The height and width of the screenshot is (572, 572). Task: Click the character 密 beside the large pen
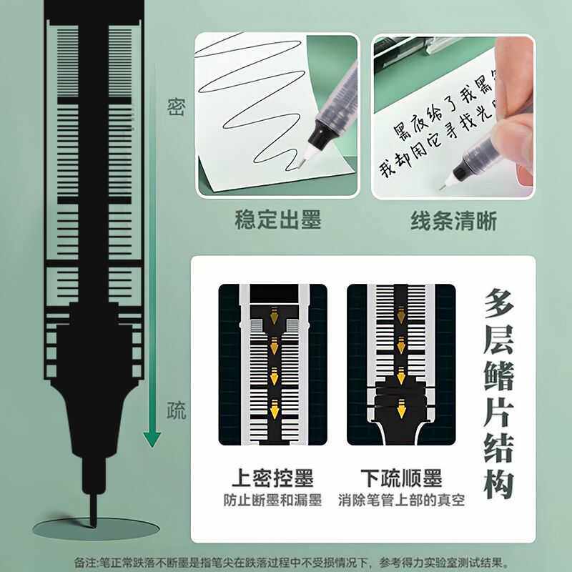pyautogui.click(x=176, y=107)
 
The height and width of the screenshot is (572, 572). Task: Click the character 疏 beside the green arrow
pyautogui.click(x=176, y=410)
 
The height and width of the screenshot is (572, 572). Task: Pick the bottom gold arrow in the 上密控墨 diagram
pyautogui.click(x=272, y=411)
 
